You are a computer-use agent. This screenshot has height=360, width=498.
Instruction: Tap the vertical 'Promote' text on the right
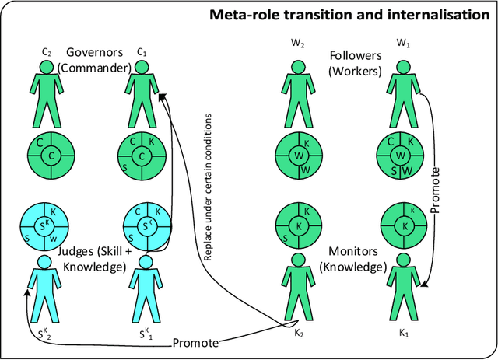coord(437,190)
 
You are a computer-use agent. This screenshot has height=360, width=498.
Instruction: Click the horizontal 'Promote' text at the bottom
coord(194,342)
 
